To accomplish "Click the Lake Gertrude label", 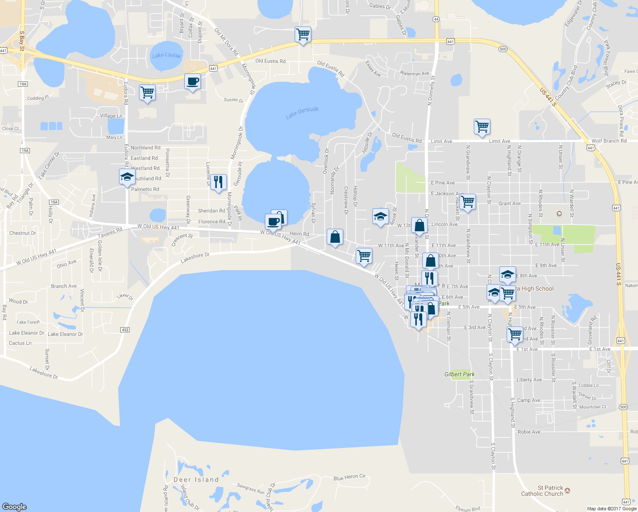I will pyautogui.click(x=302, y=112).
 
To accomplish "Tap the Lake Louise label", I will pyautogui.click(x=166, y=55).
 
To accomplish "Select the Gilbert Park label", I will pyautogui.click(x=459, y=374).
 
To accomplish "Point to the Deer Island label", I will pyautogui.click(x=196, y=480).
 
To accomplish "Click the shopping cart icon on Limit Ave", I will pyautogui.click(x=482, y=127).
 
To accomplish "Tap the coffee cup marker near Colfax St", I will pyautogui.click(x=192, y=81).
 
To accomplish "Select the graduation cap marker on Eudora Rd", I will pyautogui.click(x=127, y=177).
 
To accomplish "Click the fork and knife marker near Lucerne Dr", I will pyautogui.click(x=218, y=182).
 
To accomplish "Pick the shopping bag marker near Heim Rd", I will pyautogui.click(x=335, y=237).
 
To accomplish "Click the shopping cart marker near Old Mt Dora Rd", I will pyautogui.click(x=303, y=35).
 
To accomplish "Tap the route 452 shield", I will pyautogui.click(x=125, y=330).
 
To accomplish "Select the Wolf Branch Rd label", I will pyautogui.click(x=609, y=141).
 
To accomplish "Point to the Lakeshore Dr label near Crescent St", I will pyautogui.click(x=195, y=257).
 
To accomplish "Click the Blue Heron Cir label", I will pyautogui.click(x=349, y=477).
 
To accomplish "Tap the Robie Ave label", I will pyautogui.click(x=529, y=432).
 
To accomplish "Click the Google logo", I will pyautogui.click(x=14, y=506).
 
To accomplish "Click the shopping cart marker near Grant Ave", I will pyautogui.click(x=468, y=201).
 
